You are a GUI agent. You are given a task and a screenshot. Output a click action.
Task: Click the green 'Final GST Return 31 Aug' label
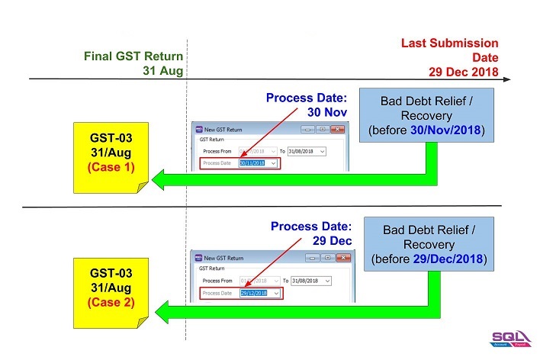(133, 63)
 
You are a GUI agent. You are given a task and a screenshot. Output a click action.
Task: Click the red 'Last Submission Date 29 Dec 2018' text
(449, 58)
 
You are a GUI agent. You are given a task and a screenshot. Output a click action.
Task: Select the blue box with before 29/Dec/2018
(428, 244)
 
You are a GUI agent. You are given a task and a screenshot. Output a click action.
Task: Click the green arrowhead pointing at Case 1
(160, 181)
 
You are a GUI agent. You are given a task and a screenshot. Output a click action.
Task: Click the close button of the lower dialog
(343, 258)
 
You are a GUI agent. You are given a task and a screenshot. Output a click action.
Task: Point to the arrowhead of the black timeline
(506, 79)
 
